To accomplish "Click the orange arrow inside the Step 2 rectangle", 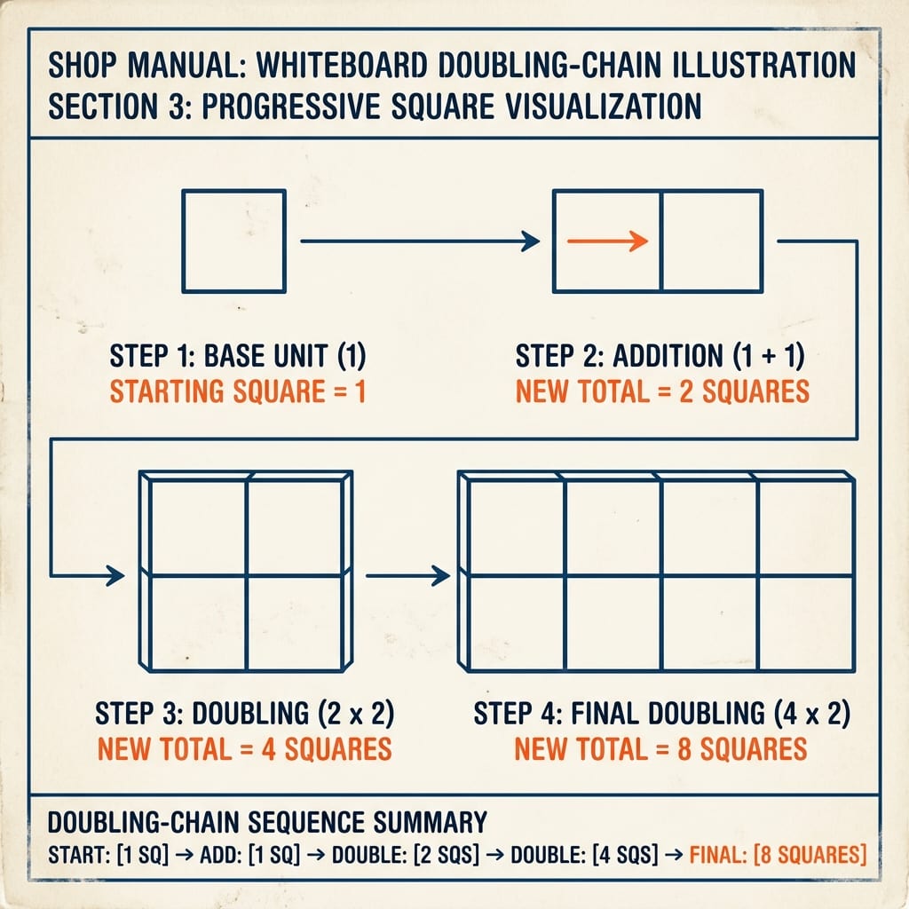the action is tap(607, 241).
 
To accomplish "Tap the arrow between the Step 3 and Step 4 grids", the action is tap(407, 575).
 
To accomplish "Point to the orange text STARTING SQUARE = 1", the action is tap(238, 391).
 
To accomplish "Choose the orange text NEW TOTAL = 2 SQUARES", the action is tap(662, 391).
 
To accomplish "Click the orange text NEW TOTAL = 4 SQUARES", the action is tap(245, 748).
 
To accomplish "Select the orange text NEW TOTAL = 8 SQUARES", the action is tap(660, 748).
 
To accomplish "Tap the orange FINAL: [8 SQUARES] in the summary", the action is tap(778, 855).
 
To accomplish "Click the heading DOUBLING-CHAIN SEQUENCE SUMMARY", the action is tap(267, 822).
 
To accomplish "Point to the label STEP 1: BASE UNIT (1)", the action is tap(238, 355).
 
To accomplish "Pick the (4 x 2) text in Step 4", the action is tap(811, 713).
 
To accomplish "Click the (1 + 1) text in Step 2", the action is tap(769, 355).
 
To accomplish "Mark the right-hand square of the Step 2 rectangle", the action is tap(711, 241).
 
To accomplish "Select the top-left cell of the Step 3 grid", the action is tap(198, 528).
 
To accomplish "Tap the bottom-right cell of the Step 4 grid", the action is tap(806, 623).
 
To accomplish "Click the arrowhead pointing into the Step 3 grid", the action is tap(115, 575).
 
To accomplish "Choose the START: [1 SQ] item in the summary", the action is tap(107, 855).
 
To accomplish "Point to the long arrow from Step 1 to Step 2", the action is tap(420, 241).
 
